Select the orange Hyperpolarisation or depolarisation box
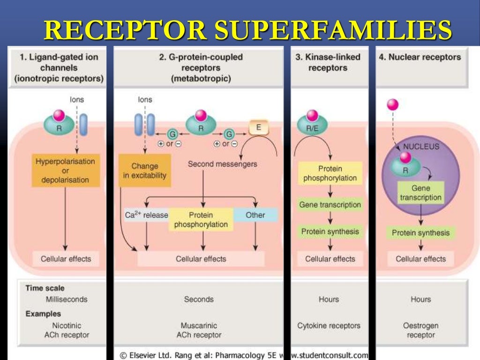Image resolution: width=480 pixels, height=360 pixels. [x=65, y=171]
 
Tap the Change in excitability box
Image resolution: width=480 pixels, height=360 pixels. [x=144, y=171]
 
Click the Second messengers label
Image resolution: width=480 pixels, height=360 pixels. [x=222, y=164]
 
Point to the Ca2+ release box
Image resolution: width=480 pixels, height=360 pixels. [x=146, y=215]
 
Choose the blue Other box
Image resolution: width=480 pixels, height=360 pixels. [x=255, y=215]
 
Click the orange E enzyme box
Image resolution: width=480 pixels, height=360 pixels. [x=259, y=127]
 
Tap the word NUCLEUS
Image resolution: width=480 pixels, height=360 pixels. [x=421, y=147]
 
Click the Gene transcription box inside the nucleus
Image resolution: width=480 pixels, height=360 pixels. [x=420, y=193]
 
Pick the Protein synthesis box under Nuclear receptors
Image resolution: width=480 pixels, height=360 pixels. [x=420, y=233]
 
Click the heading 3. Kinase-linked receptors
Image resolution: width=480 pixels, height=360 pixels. [x=328, y=62]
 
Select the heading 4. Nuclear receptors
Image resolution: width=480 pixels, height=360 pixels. [x=420, y=57]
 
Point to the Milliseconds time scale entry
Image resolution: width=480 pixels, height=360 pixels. [x=66, y=299]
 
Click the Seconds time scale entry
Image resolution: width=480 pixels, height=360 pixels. [x=199, y=299]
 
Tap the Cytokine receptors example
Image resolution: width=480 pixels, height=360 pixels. [x=329, y=325]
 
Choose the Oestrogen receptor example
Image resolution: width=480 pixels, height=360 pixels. [x=420, y=330]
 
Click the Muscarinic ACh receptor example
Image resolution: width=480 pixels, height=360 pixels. [x=199, y=330]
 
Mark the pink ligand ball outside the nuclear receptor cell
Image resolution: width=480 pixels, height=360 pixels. [x=392, y=105]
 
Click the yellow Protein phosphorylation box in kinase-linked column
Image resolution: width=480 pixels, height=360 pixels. [x=330, y=173]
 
